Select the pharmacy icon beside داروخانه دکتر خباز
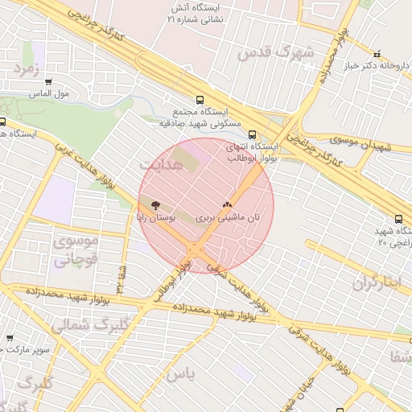(x=377, y=53)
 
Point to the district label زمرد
(x=27, y=69)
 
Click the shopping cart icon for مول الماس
(x=48, y=81)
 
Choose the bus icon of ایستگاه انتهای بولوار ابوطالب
(x=253, y=135)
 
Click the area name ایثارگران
(x=376, y=283)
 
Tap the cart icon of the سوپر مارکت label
(x=9, y=339)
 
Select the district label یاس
(x=183, y=375)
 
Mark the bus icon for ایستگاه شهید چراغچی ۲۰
(x=399, y=219)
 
